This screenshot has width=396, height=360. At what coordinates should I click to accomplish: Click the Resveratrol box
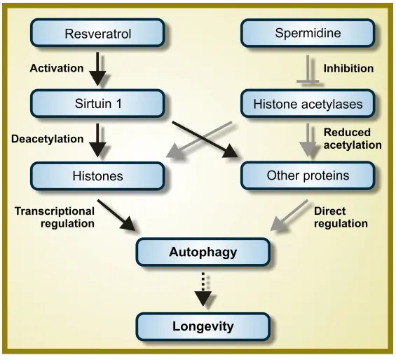tap(98, 33)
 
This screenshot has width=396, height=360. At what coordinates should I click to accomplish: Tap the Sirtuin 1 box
tap(98, 104)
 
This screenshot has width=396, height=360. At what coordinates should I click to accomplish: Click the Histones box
tap(98, 175)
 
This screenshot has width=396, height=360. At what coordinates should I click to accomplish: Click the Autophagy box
tap(203, 251)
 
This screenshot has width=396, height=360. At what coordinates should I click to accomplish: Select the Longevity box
tap(203, 326)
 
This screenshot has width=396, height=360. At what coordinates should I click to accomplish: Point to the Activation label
tap(57, 69)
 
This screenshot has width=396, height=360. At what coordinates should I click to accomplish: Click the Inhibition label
tap(348, 69)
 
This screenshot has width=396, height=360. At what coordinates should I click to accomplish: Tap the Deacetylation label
tap(47, 139)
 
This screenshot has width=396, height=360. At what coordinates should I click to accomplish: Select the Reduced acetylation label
tap(352, 139)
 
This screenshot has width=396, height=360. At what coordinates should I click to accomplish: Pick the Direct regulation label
tap(341, 217)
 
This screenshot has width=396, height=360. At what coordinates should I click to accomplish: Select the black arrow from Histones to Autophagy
tap(117, 215)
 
